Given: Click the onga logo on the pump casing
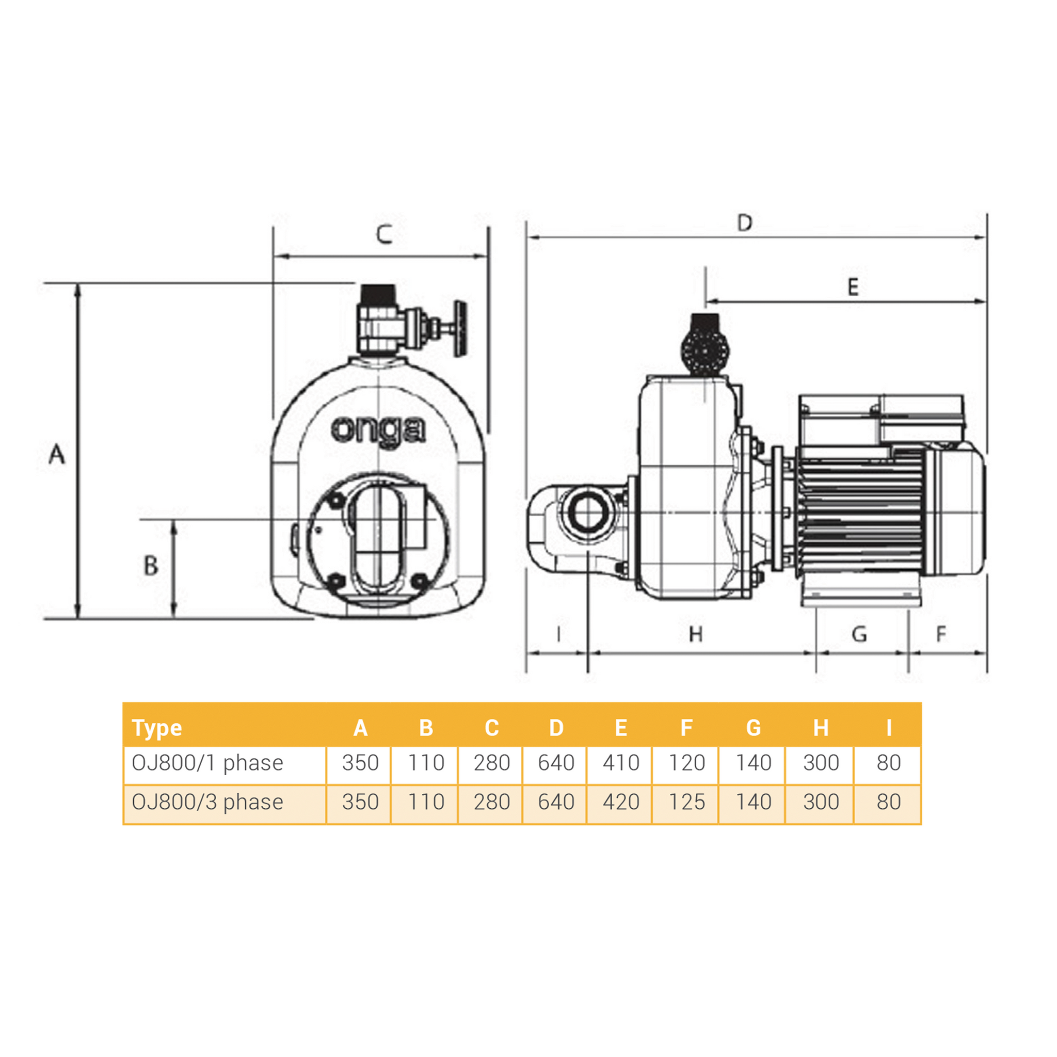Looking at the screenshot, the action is [378, 430].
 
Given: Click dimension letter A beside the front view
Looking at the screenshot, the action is [57, 455].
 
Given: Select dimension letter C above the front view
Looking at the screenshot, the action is [384, 234].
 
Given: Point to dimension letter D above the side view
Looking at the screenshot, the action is [745, 222].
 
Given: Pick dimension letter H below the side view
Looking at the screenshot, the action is [695, 635].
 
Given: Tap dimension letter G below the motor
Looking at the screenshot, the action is [859, 635].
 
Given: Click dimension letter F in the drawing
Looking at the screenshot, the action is [941, 634].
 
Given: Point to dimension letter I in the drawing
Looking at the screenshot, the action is [558, 635].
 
